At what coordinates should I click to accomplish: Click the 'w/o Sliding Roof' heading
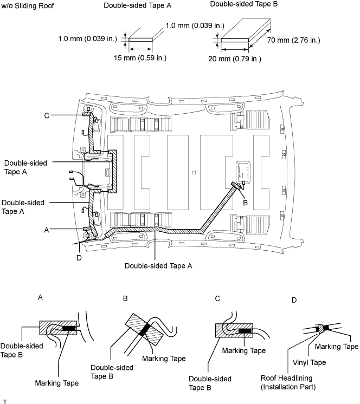(x=28, y=5)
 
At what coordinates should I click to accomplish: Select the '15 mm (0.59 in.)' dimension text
(x=140, y=58)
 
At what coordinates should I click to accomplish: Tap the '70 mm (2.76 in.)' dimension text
(x=293, y=40)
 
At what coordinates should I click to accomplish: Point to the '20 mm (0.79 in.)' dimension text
(x=235, y=59)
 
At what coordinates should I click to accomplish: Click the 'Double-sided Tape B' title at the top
(x=243, y=4)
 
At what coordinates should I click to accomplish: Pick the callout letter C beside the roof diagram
(x=47, y=116)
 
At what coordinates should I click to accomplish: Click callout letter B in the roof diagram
(x=245, y=203)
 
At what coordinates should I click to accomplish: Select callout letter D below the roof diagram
(x=79, y=258)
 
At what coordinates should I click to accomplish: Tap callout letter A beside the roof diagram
(x=47, y=230)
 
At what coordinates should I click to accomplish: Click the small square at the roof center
(x=194, y=173)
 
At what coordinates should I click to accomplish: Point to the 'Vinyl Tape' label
(x=309, y=362)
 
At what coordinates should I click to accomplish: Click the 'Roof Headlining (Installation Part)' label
(x=288, y=382)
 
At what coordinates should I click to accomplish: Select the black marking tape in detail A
(x=69, y=329)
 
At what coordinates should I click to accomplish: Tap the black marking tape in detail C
(x=245, y=331)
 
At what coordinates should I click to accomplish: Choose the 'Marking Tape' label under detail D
(x=337, y=347)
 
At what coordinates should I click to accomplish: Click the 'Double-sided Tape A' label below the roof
(x=158, y=266)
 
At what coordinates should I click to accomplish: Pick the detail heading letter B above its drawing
(x=125, y=298)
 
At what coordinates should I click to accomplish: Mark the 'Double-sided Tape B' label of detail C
(x=210, y=383)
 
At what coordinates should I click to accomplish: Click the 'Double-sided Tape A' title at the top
(x=138, y=5)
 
